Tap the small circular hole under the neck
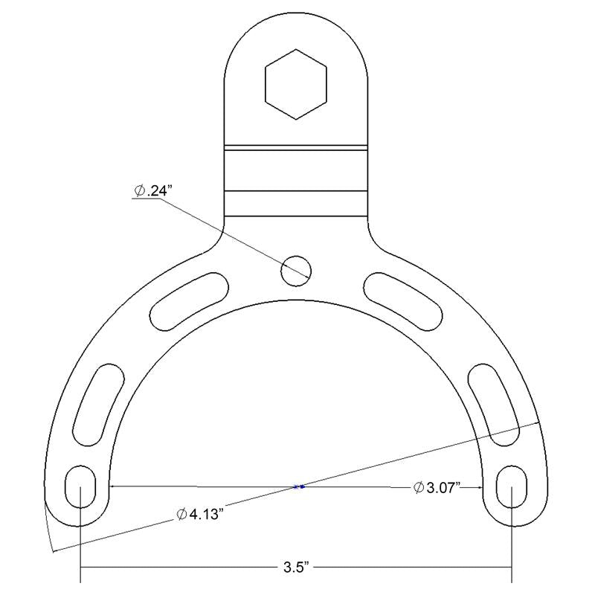[295, 269]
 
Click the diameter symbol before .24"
[140, 191]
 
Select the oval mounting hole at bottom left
[80, 487]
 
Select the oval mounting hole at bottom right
[512, 487]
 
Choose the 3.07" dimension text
[443, 488]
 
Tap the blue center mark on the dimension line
[299, 487]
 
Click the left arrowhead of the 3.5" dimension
[84, 569]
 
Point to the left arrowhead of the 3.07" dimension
[113, 487]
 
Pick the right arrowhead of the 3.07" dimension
[480, 488]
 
